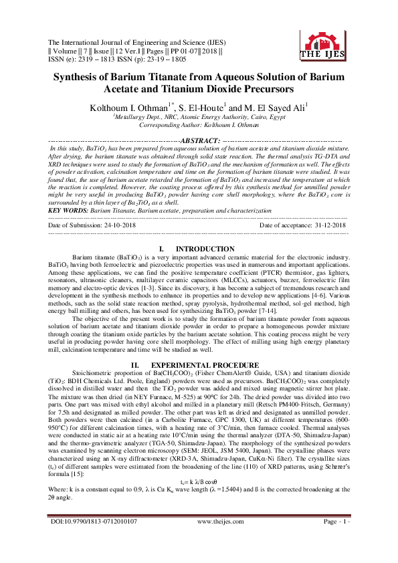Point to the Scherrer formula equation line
[199, 499]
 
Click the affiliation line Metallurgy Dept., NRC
[199, 116]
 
